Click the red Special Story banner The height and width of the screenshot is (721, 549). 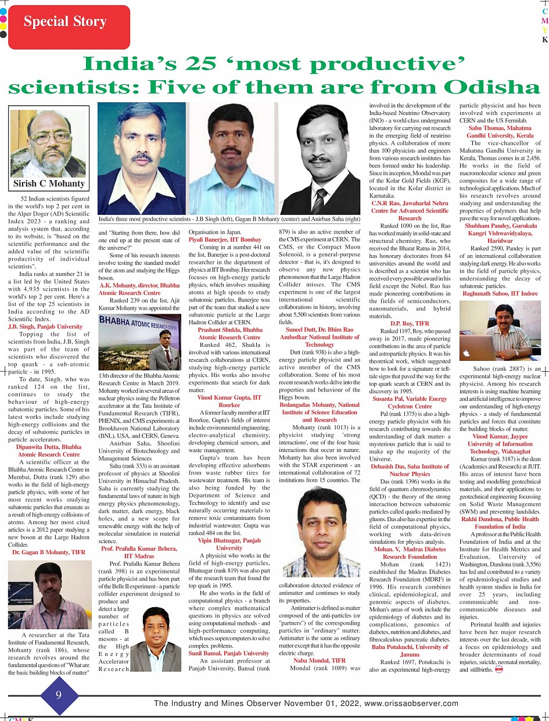tap(65, 23)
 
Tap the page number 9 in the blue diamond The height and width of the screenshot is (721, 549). tap(59, 695)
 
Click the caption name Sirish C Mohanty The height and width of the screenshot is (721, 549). tap(49, 184)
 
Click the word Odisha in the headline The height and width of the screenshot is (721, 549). tap(485, 87)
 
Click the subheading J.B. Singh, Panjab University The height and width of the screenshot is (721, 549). tap(45, 327)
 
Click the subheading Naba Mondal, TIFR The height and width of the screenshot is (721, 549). tap(319, 660)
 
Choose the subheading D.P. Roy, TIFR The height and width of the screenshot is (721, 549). tap(410, 322)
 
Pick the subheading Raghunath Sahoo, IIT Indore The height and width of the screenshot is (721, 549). tap(500, 293)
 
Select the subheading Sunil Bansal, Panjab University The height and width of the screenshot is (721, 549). tap(229, 653)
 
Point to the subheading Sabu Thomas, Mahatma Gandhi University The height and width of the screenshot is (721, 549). tap(500, 131)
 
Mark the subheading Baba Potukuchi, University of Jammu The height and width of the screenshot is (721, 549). tap(410, 650)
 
